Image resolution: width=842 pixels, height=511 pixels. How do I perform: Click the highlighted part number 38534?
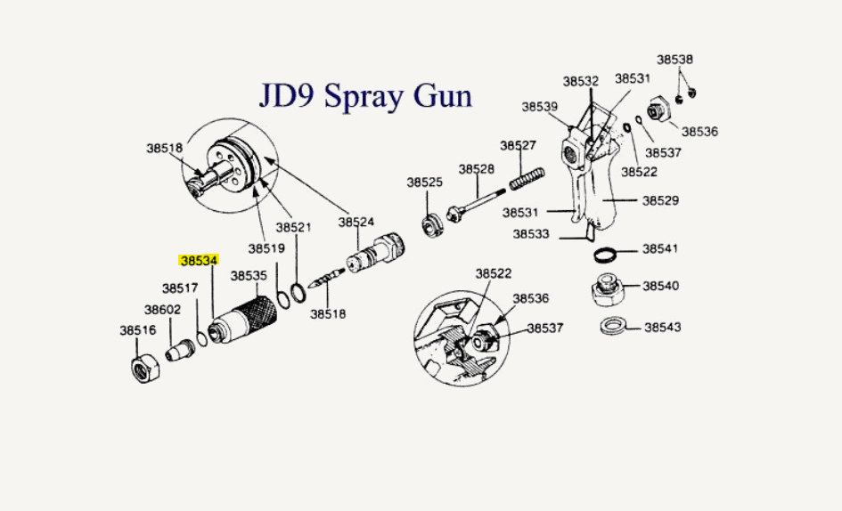pos(200,262)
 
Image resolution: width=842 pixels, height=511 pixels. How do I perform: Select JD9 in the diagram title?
pos(288,95)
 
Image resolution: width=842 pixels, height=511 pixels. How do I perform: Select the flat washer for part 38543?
pos(612,326)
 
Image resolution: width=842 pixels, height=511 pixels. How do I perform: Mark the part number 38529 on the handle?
pos(660,201)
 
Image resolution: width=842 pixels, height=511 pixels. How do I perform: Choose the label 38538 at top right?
pos(675,60)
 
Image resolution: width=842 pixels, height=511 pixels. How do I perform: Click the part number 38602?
pos(163,310)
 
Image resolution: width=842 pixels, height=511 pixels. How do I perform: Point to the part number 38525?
pos(425,182)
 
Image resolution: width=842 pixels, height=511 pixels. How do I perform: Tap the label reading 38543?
pos(661,328)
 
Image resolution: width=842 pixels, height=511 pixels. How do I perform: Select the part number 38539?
pos(540,107)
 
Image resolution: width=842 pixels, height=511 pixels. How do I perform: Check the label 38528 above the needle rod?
pos(477,169)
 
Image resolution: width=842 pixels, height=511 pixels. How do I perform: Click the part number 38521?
pos(293,228)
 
